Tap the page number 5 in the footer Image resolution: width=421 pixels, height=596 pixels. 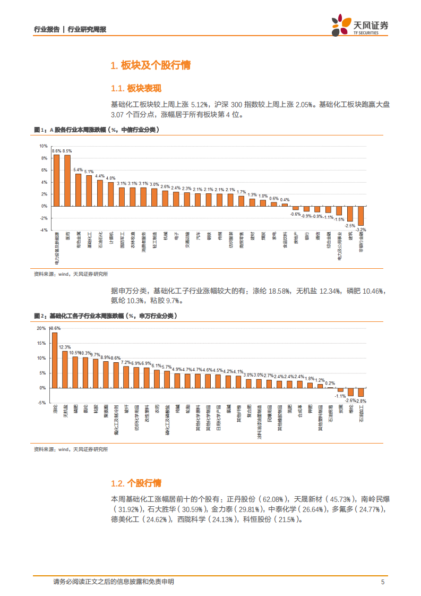pos(383,582)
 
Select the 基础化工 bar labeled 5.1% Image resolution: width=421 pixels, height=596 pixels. pos(89,191)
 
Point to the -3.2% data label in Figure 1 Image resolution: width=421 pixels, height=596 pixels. pos(361,229)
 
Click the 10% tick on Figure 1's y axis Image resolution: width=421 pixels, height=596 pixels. pos(44,146)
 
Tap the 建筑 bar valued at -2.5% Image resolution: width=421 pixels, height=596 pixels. pos(350,214)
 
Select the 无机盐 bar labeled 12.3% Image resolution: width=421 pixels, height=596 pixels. pos(65,369)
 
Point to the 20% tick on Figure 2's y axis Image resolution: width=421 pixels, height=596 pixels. pos(41,328)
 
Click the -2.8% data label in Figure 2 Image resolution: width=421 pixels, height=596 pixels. pos(361,401)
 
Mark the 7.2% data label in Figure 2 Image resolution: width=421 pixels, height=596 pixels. pos(126,362)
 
